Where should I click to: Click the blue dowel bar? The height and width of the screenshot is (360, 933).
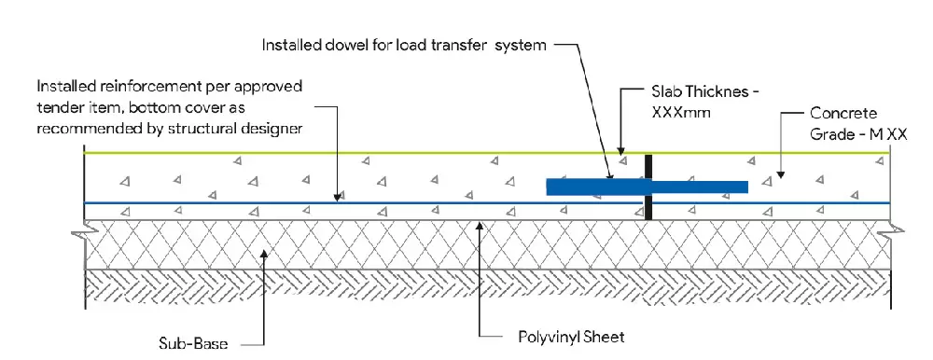click(647, 187)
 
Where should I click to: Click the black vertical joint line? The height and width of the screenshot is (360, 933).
click(648, 187)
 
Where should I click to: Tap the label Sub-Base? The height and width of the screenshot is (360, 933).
click(193, 343)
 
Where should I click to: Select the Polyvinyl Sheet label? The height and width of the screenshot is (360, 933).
click(571, 338)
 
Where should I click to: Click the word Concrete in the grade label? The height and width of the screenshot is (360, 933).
click(843, 113)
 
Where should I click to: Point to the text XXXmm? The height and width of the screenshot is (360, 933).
click(681, 112)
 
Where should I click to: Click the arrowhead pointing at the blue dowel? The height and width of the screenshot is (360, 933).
click(610, 175)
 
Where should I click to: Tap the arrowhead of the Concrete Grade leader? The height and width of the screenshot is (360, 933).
click(781, 174)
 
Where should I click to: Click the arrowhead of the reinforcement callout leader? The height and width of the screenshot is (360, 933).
click(338, 197)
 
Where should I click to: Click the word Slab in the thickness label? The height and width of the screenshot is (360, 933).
click(666, 92)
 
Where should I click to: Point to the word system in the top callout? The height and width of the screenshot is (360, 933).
click(521, 45)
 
